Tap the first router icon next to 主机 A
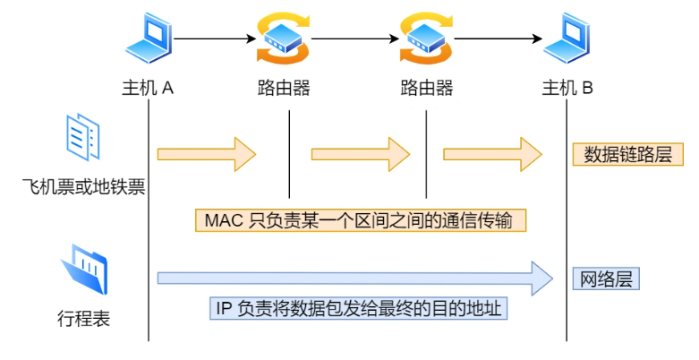(x=284, y=39)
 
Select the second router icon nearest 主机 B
(x=425, y=39)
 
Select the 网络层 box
(x=606, y=279)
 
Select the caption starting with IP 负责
(x=359, y=309)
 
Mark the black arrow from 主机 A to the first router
(x=215, y=39)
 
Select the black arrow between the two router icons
(x=354, y=39)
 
